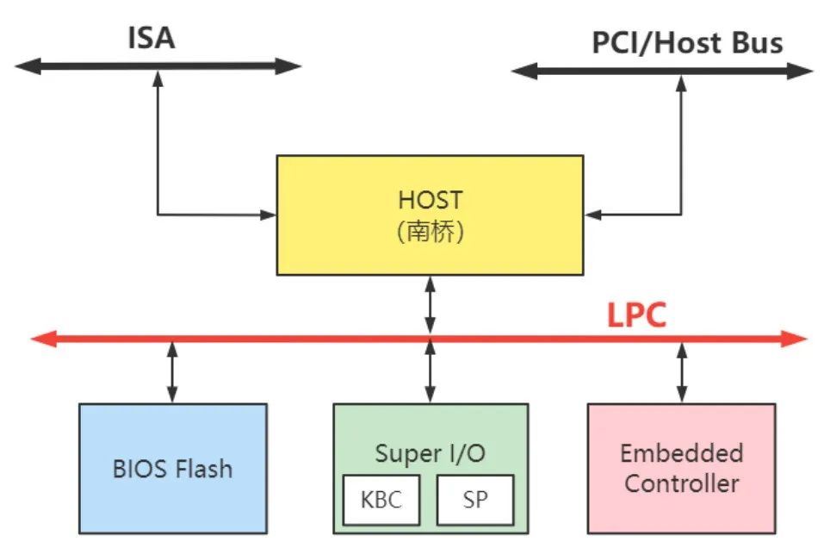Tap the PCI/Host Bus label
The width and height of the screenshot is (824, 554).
[686, 43]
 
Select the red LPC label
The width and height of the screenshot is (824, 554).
[636, 315]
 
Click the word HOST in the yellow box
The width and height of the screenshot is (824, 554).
[430, 200]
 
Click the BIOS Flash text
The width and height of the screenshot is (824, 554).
[172, 469]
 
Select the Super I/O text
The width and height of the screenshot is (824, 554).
[430, 452]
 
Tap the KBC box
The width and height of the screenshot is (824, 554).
[382, 500]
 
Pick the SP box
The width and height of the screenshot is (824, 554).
[474, 500]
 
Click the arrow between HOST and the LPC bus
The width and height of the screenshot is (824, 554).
[430, 302]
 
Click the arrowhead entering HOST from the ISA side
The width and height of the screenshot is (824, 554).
[267, 214]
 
